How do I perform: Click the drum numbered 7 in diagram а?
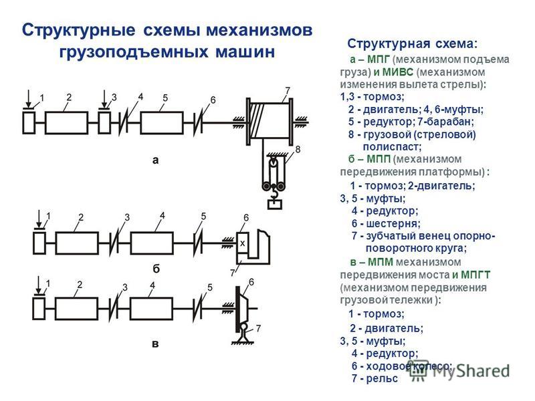point(270,122)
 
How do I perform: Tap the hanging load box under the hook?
point(275,205)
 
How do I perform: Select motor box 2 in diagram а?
point(66,123)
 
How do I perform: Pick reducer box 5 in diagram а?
point(162,123)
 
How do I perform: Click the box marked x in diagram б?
point(242,243)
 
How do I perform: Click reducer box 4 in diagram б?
point(152,243)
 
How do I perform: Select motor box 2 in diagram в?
point(76,309)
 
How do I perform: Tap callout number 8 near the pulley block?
point(298,149)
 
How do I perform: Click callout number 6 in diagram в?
point(251,282)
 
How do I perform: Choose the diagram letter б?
point(156,269)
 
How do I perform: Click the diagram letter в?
point(155,344)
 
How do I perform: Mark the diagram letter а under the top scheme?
point(156,160)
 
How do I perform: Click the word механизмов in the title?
point(259,30)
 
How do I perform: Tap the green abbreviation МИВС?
point(397,72)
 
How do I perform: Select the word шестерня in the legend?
point(393,224)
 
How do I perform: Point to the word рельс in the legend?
point(382,378)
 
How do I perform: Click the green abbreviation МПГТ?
point(475,275)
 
